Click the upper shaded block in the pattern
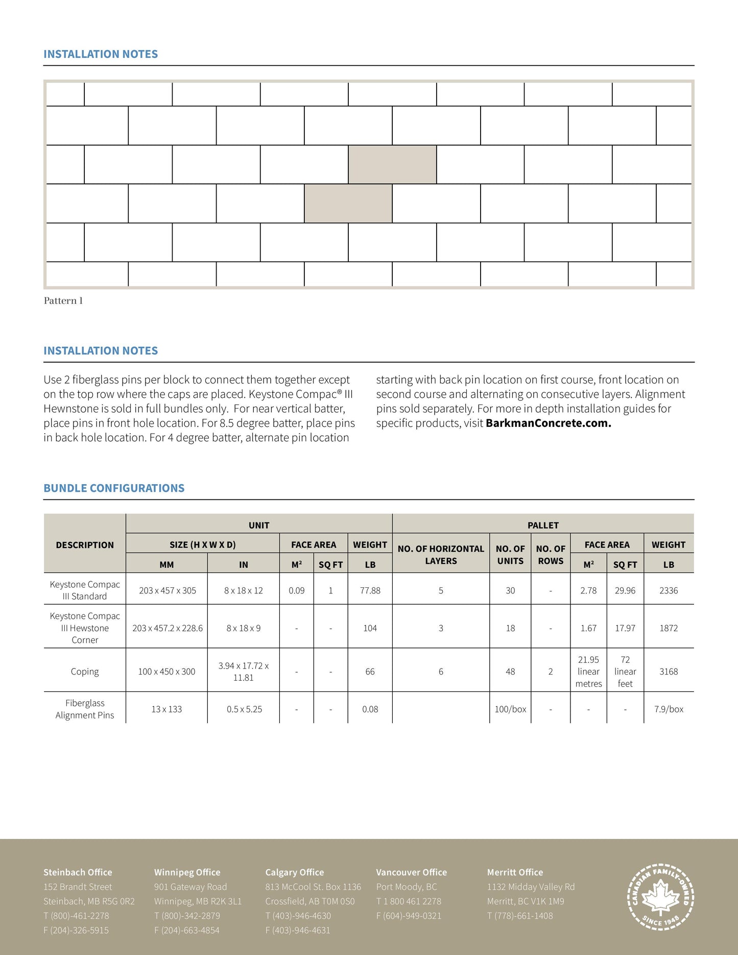tap(392, 164)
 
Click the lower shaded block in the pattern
tap(348, 203)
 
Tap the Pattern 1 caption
tap(63, 301)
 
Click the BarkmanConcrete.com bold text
tap(548, 423)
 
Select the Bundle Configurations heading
tap(114, 488)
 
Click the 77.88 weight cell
tap(370, 590)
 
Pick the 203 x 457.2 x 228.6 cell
tap(167, 628)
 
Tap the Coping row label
tap(85, 672)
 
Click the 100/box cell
tap(510, 709)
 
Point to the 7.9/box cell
tap(669, 709)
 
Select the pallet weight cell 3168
tap(669, 672)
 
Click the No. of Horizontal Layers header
tap(441, 555)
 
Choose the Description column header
tap(85, 545)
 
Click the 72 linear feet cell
tap(625, 672)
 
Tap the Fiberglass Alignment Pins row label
tap(85, 709)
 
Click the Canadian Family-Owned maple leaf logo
tap(660, 897)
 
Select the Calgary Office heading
tap(294, 872)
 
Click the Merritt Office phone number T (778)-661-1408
tap(520, 916)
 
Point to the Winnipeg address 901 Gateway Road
tap(191, 887)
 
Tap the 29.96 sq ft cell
tap(625, 590)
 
